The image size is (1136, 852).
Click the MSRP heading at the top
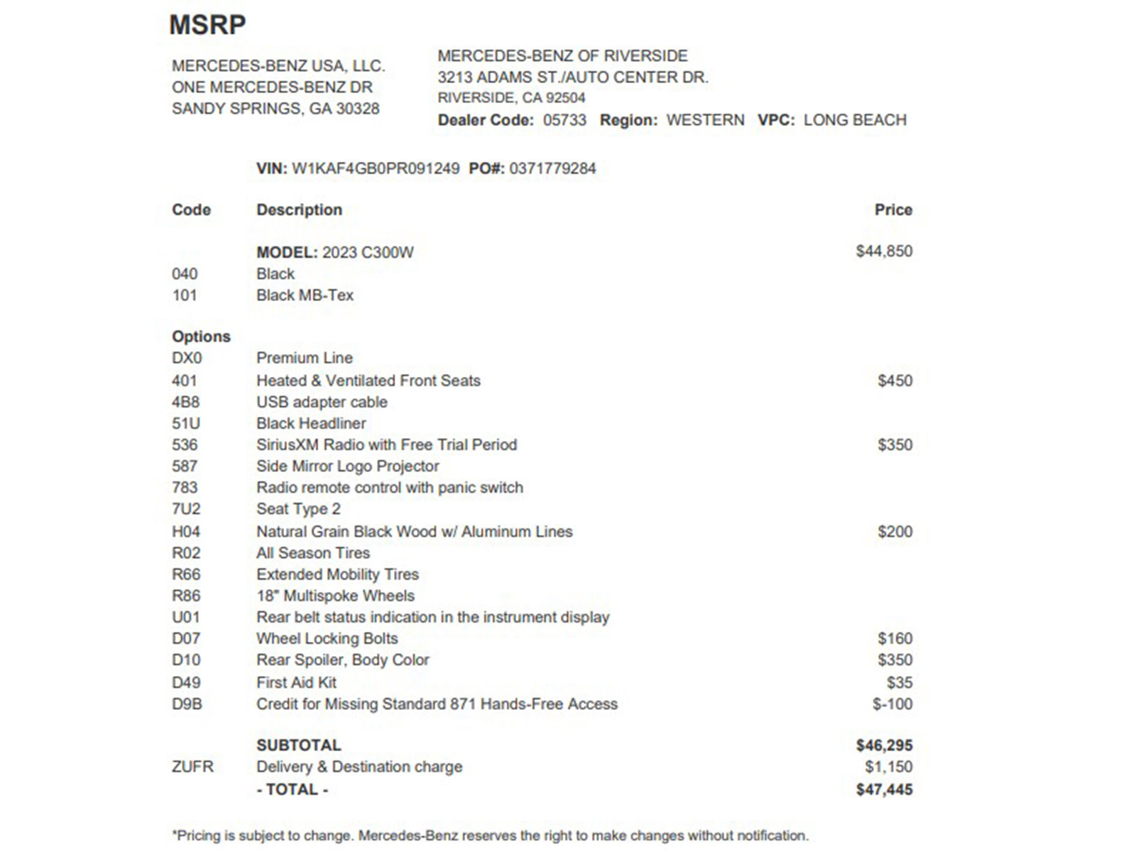coord(207,25)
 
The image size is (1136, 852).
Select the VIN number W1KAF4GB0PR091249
coord(376,169)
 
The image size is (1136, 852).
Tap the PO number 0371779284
coord(552,169)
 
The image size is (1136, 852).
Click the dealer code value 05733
coord(564,120)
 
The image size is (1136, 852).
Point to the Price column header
coord(893,210)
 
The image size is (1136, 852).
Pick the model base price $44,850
coord(884,251)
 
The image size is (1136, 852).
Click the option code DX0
coord(187,358)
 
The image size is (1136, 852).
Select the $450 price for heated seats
coord(895,381)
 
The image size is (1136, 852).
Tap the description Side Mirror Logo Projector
coord(348,466)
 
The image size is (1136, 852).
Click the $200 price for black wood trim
coord(895,532)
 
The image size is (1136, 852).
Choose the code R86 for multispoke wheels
coord(186,596)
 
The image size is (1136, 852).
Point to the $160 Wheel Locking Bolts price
coord(895,639)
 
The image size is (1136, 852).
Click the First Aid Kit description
coord(296,682)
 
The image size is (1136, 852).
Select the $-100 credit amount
coord(892,704)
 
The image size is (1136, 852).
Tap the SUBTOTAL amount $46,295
coord(884,745)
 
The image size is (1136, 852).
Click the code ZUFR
coord(192,767)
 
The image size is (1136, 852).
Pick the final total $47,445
coord(884,790)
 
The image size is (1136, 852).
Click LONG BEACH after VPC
coord(855,120)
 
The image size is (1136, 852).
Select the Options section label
coord(201,337)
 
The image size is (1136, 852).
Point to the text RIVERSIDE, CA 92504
coord(511,98)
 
